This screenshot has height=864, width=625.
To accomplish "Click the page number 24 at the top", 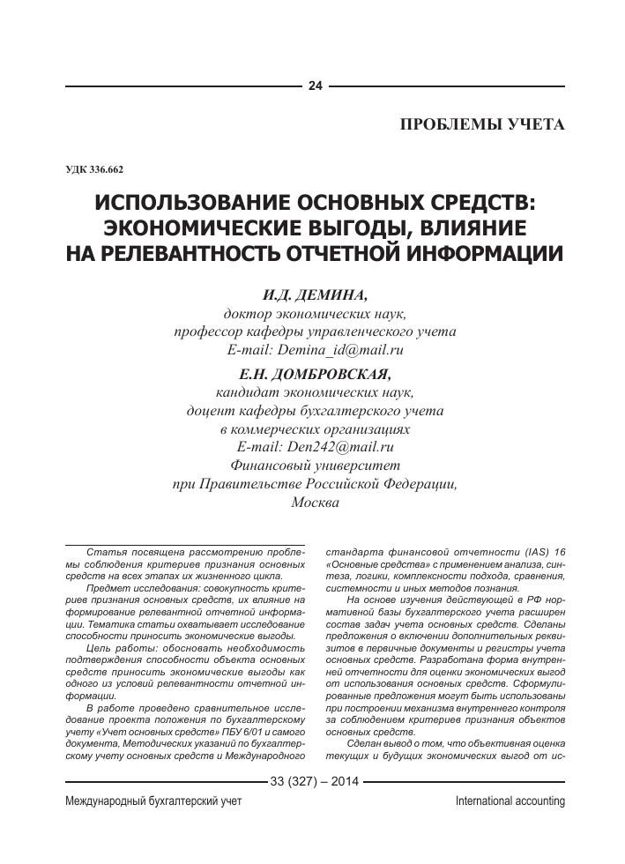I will (x=315, y=86).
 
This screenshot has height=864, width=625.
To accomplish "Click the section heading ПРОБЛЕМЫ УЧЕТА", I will (x=482, y=123).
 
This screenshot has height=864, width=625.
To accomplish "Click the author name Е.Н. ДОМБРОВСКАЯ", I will (x=315, y=373).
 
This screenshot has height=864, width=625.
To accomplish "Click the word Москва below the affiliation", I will (x=315, y=503).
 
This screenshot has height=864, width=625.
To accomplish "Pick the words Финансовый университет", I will (x=315, y=466).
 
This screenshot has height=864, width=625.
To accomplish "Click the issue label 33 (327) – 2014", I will (x=315, y=781).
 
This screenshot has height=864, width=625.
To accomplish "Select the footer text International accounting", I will (x=510, y=801).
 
